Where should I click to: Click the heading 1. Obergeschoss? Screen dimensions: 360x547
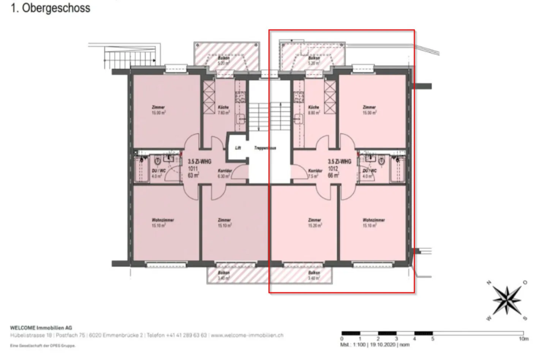pyautogui.click(x=51, y=8)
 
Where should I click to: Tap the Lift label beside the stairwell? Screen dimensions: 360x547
pyautogui.click(x=238, y=148)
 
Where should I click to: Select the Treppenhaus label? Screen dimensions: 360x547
pyautogui.click(x=265, y=148)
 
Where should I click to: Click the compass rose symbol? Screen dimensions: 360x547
pyautogui.click(x=507, y=300)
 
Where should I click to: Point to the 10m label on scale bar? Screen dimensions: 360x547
pyautogui.click(x=523, y=339)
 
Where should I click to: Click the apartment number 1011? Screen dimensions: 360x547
pyautogui.click(x=193, y=168)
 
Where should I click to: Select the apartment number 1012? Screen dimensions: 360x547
pyautogui.click(x=333, y=168)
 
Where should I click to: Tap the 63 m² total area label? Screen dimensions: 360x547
pyautogui.click(x=193, y=175)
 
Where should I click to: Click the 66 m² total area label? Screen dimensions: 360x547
pyautogui.click(x=334, y=175)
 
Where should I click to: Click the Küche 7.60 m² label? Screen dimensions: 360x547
pyautogui.click(x=223, y=110)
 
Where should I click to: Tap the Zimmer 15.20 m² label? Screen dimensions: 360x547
pyautogui.click(x=315, y=223)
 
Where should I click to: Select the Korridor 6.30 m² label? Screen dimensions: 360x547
pyautogui.click(x=224, y=173)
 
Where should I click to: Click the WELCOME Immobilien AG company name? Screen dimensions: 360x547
pyautogui.click(x=41, y=328)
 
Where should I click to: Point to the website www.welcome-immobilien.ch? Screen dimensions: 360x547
pyautogui.click(x=247, y=335)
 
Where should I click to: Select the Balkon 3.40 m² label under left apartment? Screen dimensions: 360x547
pyautogui.click(x=224, y=275)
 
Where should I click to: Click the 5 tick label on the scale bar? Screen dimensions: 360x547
pyautogui.click(x=432, y=339)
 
